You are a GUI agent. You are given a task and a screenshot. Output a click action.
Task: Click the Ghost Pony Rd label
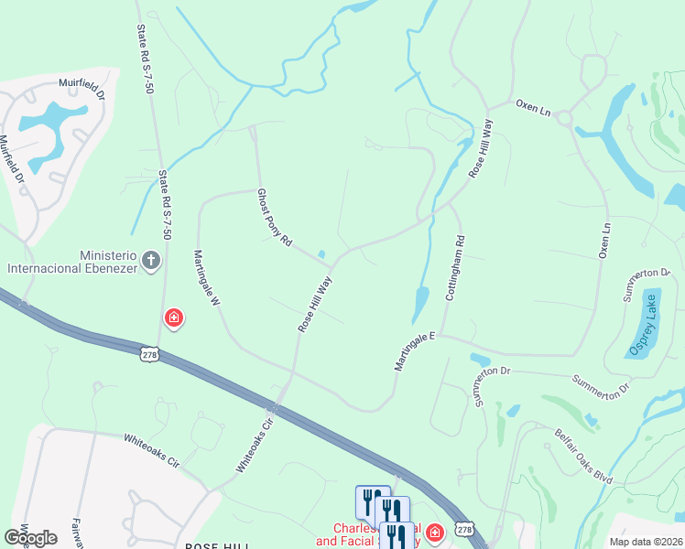tap(274, 218)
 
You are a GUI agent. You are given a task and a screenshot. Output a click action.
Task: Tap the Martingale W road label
tap(206, 278)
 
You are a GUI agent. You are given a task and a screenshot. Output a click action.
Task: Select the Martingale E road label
tap(412, 351)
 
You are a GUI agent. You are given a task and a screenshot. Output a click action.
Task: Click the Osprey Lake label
tap(644, 327)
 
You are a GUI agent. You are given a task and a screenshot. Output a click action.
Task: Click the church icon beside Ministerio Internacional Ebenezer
tap(151, 262)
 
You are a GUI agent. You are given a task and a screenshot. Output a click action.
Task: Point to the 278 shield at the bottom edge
tap(465, 530)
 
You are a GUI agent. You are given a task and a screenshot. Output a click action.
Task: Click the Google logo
tap(31, 538)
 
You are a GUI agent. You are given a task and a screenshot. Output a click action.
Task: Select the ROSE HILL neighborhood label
tap(218, 545)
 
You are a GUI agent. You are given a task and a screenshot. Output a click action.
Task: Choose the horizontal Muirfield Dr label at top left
tap(82, 83)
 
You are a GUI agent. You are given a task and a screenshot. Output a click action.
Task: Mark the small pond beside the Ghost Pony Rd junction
tap(321, 254)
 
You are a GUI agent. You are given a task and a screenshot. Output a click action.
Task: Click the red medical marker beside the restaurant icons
tap(434, 532)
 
